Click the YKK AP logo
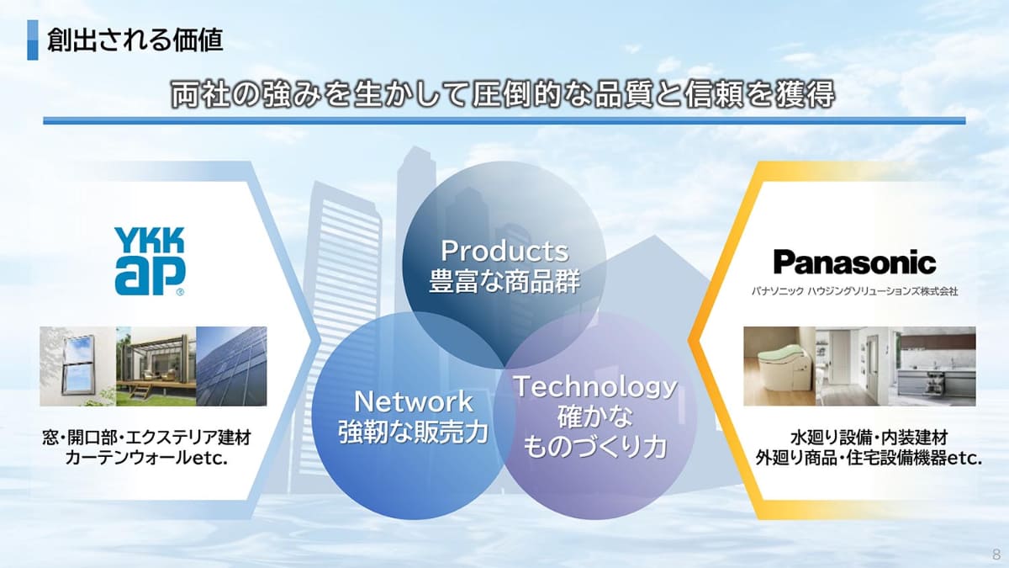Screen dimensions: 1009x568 150,262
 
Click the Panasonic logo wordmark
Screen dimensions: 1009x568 854,263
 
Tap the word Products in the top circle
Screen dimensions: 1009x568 505,251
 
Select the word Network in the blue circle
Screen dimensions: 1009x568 413,401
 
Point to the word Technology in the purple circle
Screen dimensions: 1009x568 595,388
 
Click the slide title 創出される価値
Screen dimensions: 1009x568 135,40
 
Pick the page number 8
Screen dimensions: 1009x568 996,554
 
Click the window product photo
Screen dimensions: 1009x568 77,366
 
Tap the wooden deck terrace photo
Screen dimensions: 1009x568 156,366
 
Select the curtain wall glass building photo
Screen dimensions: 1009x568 231,366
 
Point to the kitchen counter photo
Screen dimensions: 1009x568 935,366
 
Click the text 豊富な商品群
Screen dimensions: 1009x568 504,281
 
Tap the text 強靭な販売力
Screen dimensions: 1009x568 413,432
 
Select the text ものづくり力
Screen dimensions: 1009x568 595,447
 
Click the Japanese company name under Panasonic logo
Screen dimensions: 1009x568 854,292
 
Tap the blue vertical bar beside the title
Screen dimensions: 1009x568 33,40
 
